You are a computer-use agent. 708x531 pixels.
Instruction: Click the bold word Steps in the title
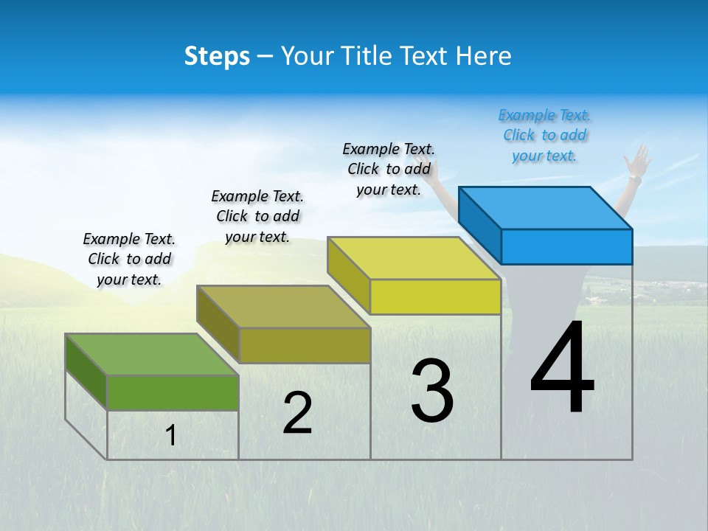pyautogui.click(x=217, y=56)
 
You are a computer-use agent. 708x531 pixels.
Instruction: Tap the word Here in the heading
pyautogui.click(x=483, y=56)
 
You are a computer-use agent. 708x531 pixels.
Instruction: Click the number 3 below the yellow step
pyautogui.click(x=432, y=391)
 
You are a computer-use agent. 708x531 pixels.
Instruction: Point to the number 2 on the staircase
pyautogui.click(x=297, y=412)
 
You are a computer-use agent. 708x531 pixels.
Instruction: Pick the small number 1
pyautogui.click(x=171, y=435)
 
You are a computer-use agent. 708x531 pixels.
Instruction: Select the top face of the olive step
pyautogui.click(x=284, y=307)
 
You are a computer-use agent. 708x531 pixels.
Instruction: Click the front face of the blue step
pyautogui.click(x=566, y=246)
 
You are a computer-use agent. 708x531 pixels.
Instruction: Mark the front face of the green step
pyautogui.click(x=173, y=392)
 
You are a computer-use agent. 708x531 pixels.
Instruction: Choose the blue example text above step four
pyautogui.click(x=544, y=135)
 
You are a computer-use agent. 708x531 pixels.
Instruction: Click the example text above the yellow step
pyautogui.click(x=389, y=169)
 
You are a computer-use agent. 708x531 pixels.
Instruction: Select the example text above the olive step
pyautogui.click(x=257, y=216)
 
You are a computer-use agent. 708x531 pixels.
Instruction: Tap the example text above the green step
pyautogui.click(x=129, y=259)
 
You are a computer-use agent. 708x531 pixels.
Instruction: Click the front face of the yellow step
pyautogui.click(x=435, y=296)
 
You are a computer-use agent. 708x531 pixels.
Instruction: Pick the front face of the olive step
pyautogui.click(x=305, y=345)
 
